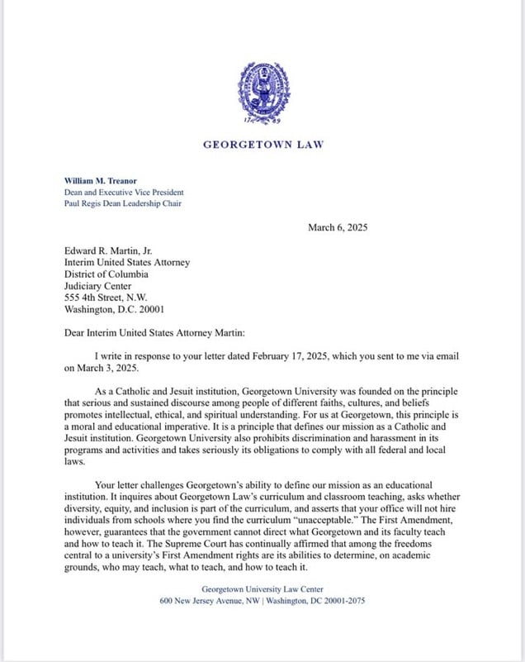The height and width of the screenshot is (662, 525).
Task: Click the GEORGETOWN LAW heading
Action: coord(263,145)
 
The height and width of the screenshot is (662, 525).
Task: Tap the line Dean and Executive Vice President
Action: coord(118,192)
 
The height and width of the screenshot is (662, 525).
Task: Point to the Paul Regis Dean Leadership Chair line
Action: coord(123,203)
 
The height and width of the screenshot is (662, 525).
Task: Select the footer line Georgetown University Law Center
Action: coord(262,589)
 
